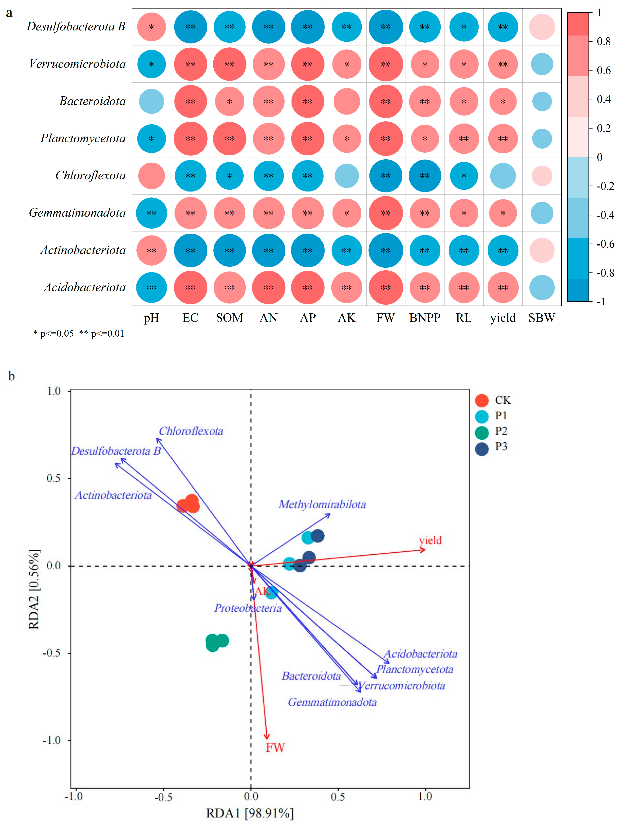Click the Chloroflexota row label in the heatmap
[91, 176]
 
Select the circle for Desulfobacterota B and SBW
[542, 27]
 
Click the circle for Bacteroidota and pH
[151, 102]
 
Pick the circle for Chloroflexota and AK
[347, 176]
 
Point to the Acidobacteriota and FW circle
[386, 287]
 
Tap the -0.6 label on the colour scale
[605, 244]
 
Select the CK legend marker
[481, 400]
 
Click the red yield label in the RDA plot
[430, 540]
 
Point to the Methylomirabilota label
[322, 505]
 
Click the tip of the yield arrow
[425, 549]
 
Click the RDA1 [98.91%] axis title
[250, 813]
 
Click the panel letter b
[12, 376]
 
